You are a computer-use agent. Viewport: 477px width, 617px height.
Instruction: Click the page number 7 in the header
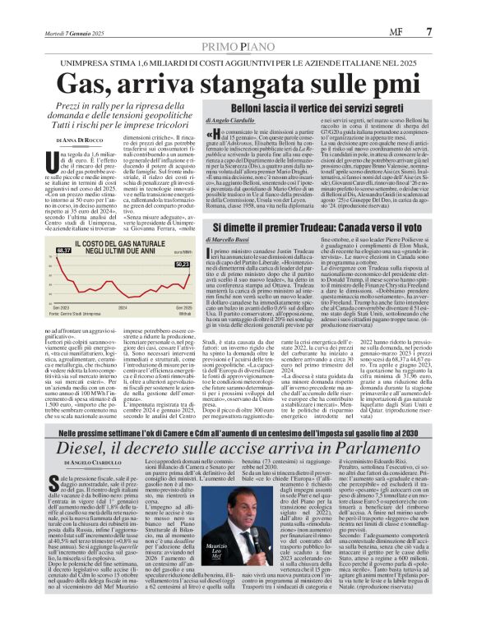click(x=453, y=9)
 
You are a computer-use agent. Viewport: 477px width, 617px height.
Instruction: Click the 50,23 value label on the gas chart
click(x=182, y=264)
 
